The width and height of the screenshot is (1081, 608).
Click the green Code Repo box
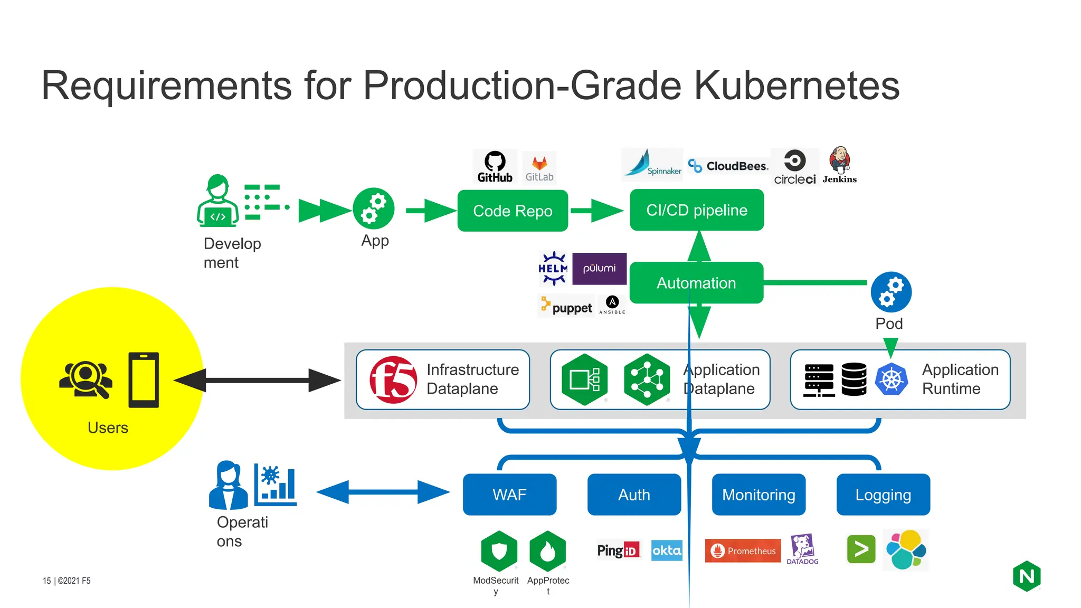pyautogui.click(x=513, y=211)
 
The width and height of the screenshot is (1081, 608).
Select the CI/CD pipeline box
pyautogui.click(x=697, y=210)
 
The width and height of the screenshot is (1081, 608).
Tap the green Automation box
pyautogui.click(x=696, y=283)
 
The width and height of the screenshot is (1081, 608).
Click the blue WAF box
pyautogui.click(x=509, y=495)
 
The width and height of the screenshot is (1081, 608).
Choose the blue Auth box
pyautogui.click(x=634, y=495)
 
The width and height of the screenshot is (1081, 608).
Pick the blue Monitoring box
pyautogui.click(x=758, y=495)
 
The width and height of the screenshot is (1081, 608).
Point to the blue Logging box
pyautogui.click(x=883, y=495)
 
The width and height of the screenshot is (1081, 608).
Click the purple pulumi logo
pyautogui.click(x=599, y=269)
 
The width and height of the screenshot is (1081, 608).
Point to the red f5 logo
pyautogui.click(x=393, y=380)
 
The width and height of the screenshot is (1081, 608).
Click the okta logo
pyautogui.click(x=667, y=550)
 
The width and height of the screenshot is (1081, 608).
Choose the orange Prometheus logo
pyautogui.click(x=743, y=550)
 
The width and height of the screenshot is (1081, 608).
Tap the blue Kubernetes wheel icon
pyautogui.click(x=892, y=379)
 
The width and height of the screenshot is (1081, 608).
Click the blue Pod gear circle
pyautogui.click(x=891, y=292)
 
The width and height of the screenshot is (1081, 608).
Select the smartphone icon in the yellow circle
pyautogui.click(x=144, y=380)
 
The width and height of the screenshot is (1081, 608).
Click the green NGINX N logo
pyautogui.click(x=1027, y=576)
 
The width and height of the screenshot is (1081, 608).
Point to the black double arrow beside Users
pyautogui.click(x=257, y=380)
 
